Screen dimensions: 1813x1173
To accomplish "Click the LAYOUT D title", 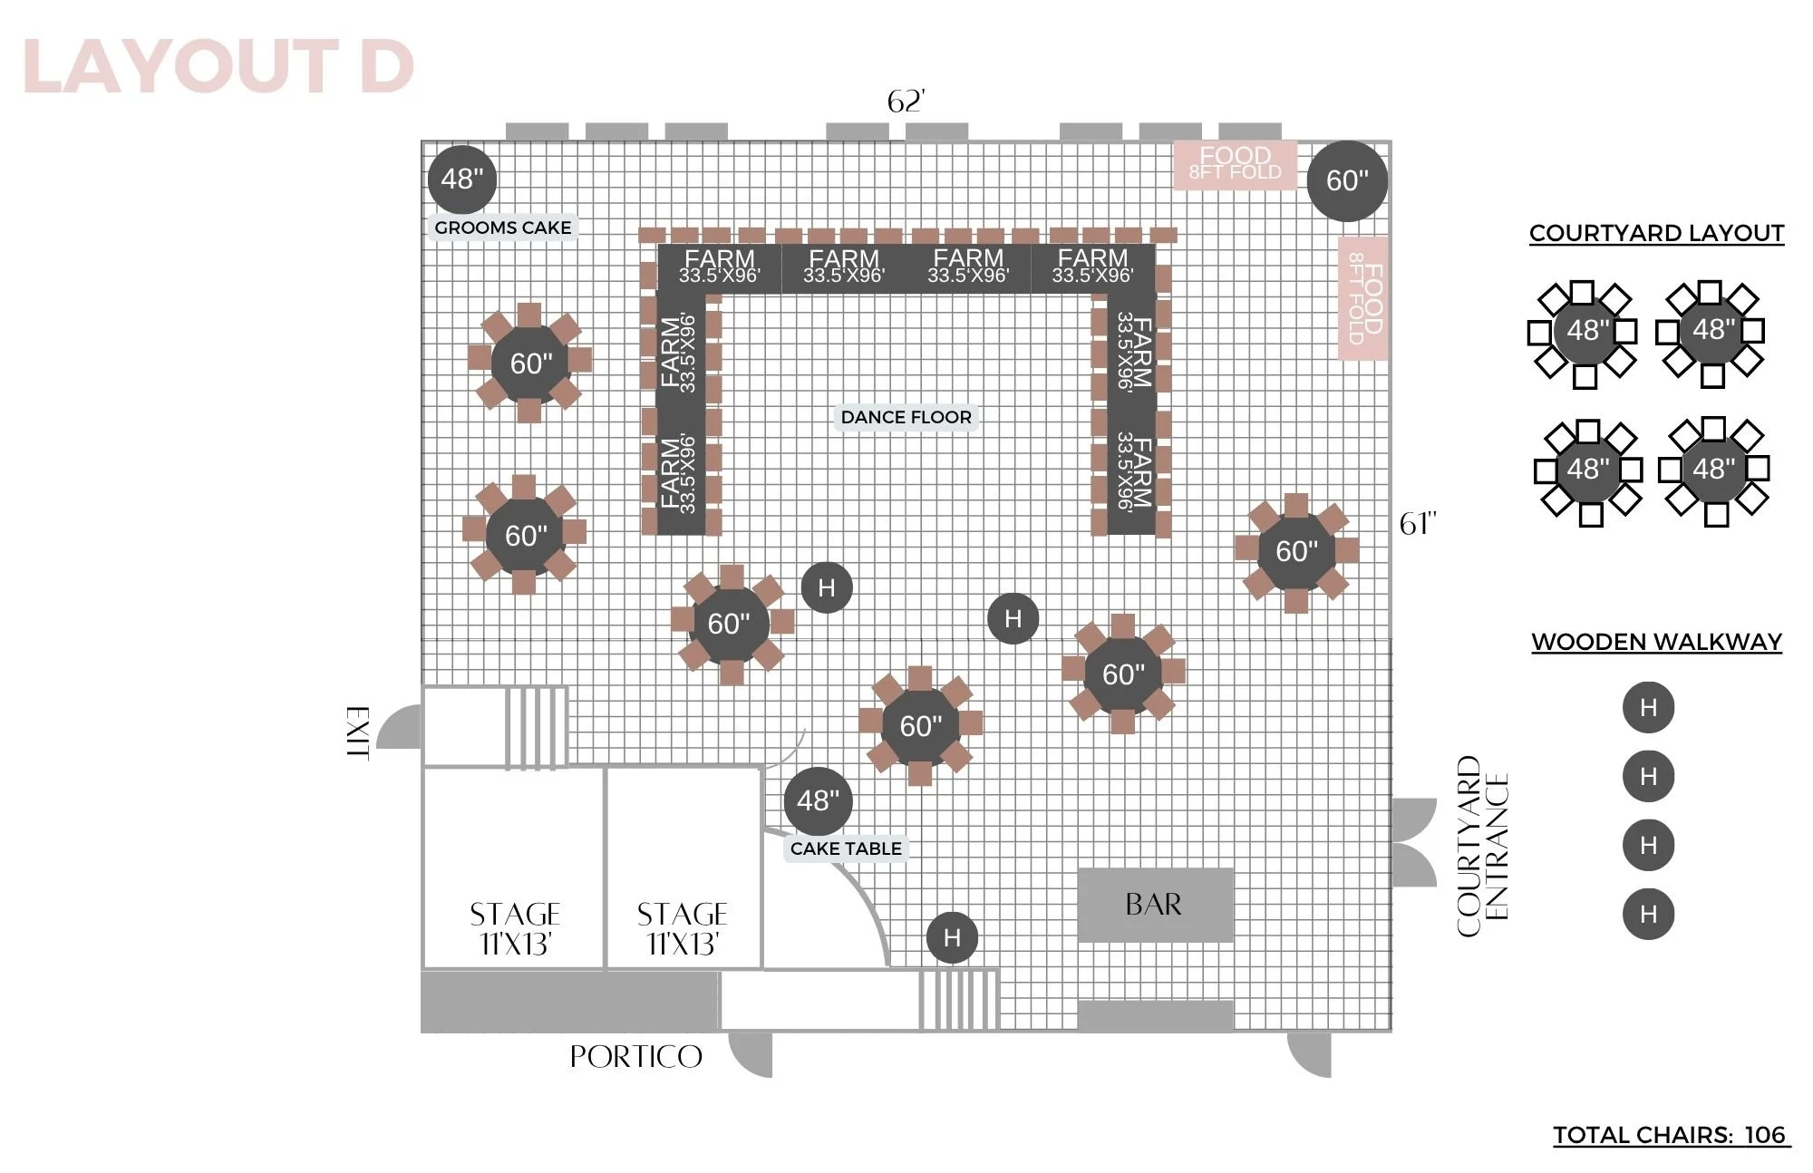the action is click(218, 66).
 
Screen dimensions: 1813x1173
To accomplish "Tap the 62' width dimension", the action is click(906, 102).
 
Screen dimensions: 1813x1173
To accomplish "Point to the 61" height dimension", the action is click(1418, 524).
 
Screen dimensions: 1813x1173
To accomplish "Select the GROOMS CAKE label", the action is click(503, 228).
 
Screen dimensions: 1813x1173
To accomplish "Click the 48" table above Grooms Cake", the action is click(462, 179).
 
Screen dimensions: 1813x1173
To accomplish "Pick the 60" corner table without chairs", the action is click(1347, 180).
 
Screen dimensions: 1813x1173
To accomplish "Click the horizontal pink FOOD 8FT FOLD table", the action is click(1235, 165).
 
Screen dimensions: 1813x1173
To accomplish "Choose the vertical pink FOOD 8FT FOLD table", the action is click(1363, 298).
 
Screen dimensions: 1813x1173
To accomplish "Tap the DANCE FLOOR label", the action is click(906, 417).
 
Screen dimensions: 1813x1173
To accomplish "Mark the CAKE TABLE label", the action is click(846, 848).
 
